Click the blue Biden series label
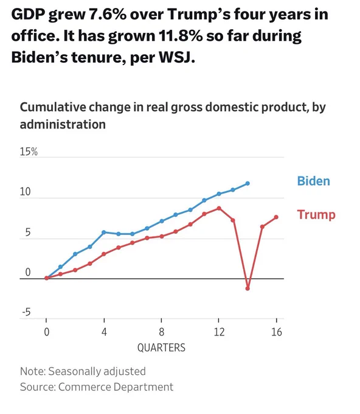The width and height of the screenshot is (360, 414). (313, 181)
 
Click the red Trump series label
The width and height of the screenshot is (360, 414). (316, 214)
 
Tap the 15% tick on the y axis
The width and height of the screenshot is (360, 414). (29, 152)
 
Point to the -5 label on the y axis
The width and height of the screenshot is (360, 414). (26, 312)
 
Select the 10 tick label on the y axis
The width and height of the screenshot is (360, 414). (26, 192)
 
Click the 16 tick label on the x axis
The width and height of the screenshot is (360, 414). (277, 332)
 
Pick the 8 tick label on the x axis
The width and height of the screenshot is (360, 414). (161, 332)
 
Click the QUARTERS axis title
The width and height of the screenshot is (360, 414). (161, 348)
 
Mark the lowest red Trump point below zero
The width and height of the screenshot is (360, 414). (247, 289)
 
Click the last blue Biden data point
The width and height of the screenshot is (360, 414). (247, 183)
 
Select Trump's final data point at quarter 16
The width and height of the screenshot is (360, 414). (276, 217)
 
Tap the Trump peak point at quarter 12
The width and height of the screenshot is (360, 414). (219, 208)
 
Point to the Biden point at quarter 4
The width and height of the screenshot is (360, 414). (104, 233)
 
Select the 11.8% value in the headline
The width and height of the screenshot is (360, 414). (181, 36)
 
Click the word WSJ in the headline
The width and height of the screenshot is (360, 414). (177, 57)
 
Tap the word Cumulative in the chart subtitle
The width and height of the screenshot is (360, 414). (53, 108)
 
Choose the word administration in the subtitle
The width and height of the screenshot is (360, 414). (63, 124)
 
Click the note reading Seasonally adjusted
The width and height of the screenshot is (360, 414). (97, 371)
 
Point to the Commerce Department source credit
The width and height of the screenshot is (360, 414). (116, 387)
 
